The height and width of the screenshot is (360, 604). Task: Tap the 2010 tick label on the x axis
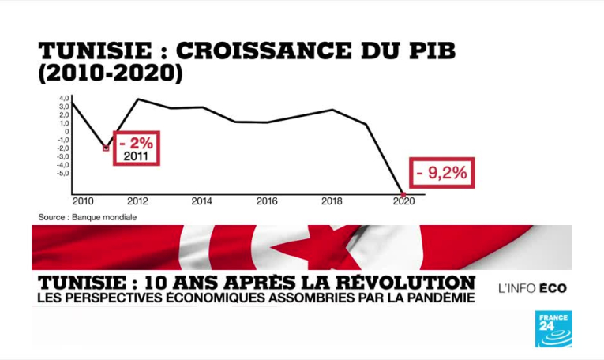click(x=83, y=201)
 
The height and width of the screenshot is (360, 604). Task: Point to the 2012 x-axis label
click(x=137, y=201)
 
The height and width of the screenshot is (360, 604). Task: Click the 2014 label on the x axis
click(x=201, y=201)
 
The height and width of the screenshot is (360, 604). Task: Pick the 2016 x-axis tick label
click(x=267, y=201)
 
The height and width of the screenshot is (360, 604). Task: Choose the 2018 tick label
click(x=332, y=201)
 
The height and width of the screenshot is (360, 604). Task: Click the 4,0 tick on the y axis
click(x=64, y=99)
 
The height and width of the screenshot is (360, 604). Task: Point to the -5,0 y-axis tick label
click(x=62, y=173)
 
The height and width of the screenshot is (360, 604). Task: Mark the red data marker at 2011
click(x=106, y=148)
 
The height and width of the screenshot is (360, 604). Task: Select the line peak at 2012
click(x=138, y=99)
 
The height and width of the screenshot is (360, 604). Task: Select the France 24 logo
click(x=553, y=328)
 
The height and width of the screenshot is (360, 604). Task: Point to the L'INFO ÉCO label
click(x=532, y=288)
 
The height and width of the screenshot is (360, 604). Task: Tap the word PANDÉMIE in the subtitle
click(x=441, y=298)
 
